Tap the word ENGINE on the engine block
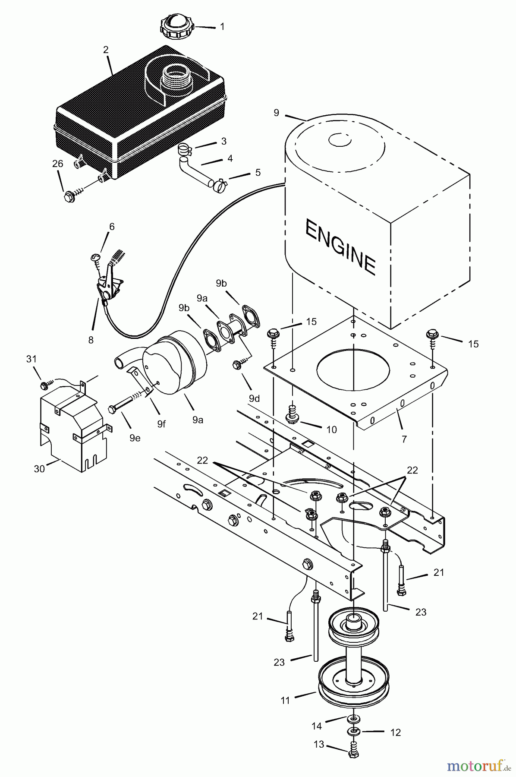click(x=340, y=246)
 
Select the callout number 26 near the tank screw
click(x=57, y=164)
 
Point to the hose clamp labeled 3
click(x=185, y=149)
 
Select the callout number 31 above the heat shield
click(x=31, y=359)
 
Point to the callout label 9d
click(x=255, y=398)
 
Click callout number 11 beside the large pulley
click(x=285, y=700)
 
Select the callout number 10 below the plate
click(x=331, y=430)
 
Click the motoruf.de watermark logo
click(x=477, y=765)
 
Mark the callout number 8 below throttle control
click(x=91, y=340)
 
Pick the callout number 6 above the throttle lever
click(x=112, y=227)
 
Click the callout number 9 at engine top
click(x=276, y=113)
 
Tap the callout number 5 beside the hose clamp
click(x=258, y=172)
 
